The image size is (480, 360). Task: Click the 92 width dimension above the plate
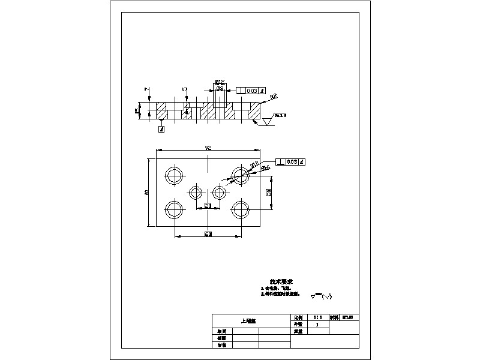pos(208,147)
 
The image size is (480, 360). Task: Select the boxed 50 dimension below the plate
pos(208,233)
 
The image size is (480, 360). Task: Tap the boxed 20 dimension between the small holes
pos(208,206)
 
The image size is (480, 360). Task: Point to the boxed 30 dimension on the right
pos(269,192)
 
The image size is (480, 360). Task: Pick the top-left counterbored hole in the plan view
pos(175,175)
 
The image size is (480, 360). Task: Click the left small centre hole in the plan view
pos(196,192)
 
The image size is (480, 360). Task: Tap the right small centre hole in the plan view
pos(220,192)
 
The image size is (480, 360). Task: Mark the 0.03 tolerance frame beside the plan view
pos(291,162)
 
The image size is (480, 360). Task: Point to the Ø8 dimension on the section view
pos(220,88)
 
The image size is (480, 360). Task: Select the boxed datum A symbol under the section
pos(161,128)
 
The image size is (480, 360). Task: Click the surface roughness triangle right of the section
pos(265,123)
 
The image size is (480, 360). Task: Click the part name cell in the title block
pos(248,321)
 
